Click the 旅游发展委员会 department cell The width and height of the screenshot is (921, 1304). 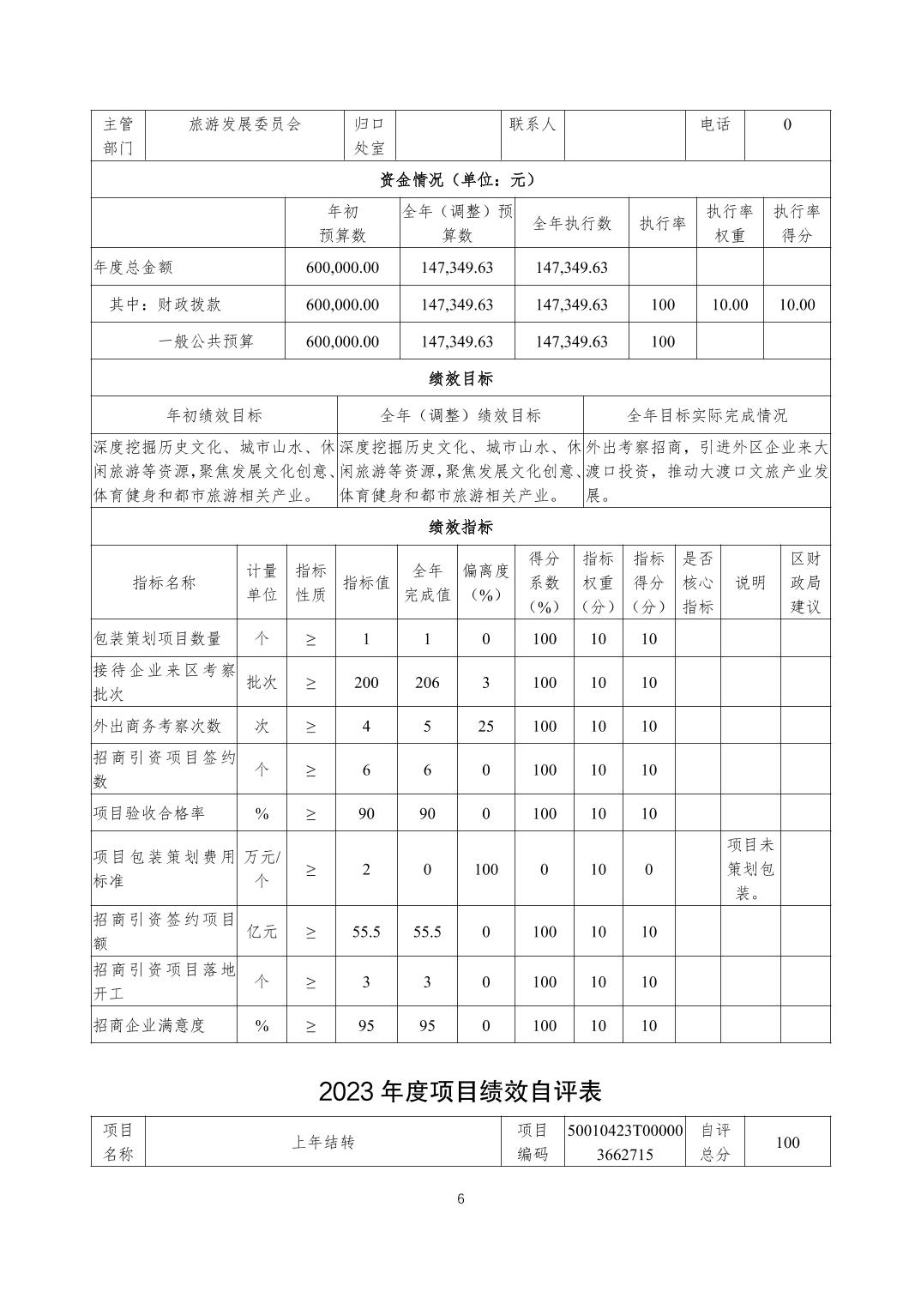tap(245, 125)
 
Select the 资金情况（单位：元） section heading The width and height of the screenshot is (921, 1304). tap(460, 179)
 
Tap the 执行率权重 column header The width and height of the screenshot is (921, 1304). tap(729, 223)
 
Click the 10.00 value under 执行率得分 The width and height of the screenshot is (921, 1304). tap(797, 305)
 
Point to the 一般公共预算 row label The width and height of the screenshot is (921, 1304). tap(206, 341)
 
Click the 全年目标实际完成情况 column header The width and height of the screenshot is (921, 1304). tap(707, 415)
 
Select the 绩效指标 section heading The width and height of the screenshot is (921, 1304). tap(460, 527)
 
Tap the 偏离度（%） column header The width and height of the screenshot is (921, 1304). tap(485, 583)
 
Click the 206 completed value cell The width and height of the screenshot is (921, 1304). tap(427, 683)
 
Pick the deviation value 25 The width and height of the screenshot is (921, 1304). tap(485, 727)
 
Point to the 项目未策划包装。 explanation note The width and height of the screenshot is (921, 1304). tap(750, 868)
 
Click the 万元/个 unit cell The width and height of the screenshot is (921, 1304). tap(262, 868)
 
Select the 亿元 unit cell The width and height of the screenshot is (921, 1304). tap(262, 932)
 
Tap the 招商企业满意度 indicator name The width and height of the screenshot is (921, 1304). tap(150, 1025)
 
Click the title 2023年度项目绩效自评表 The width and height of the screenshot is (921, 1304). tap(460, 1090)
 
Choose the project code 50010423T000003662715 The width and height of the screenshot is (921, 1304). tap(625, 1142)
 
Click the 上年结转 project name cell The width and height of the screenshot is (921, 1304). tap(323, 1142)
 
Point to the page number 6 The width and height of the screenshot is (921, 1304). tap(460, 1199)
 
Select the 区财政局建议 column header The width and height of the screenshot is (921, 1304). tap(805, 583)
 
